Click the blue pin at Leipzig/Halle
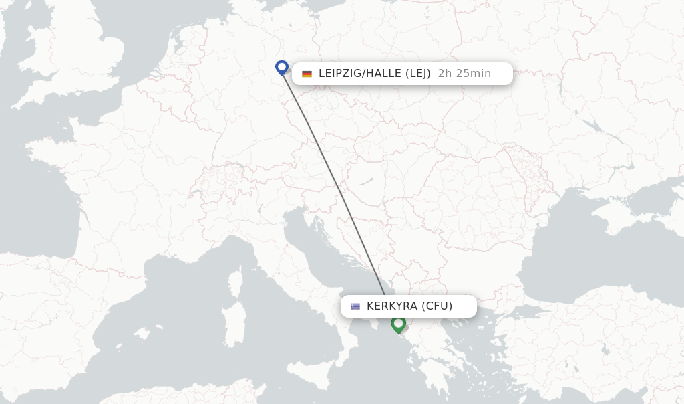tap(282, 67)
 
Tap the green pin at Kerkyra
tap(399, 324)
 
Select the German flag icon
tap(307, 74)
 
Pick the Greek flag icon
tap(355, 306)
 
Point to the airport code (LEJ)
tap(418, 74)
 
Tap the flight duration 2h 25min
tap(464, 74)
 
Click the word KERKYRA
tap(392, 306)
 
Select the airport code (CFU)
tap(437, 306)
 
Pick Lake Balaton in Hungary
tap(366, 181)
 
